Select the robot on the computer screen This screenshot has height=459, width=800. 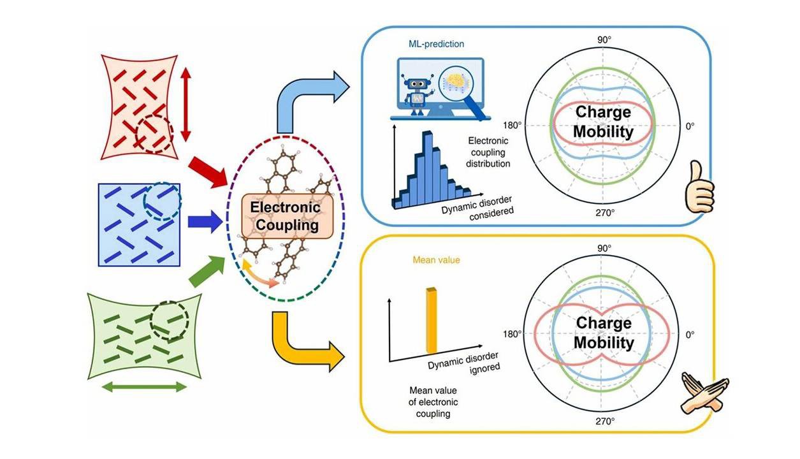tap(416, 94)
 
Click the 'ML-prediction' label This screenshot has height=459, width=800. tap(437, 44)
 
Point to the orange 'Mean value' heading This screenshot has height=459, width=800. tap(436, 259)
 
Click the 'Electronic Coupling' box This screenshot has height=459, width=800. tap(287, 216)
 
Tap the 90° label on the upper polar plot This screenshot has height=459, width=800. tap(604, 40)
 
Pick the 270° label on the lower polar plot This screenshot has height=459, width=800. tap(605, 421)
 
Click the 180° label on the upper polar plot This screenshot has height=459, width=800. tap(513, 126)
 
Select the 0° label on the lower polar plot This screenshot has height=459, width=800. tap(690, 335)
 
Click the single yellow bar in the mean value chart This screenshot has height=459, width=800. tap(432, 320)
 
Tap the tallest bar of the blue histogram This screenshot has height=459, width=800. tap(428, 167)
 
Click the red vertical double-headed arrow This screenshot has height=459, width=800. tap(185, 105)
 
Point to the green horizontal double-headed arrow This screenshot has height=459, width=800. tap(144, 387)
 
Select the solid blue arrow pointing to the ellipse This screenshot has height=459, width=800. tap(205, 221)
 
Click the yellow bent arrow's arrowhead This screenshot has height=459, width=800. tap(337, 357)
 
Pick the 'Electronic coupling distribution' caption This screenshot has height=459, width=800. tap(488, 152)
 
